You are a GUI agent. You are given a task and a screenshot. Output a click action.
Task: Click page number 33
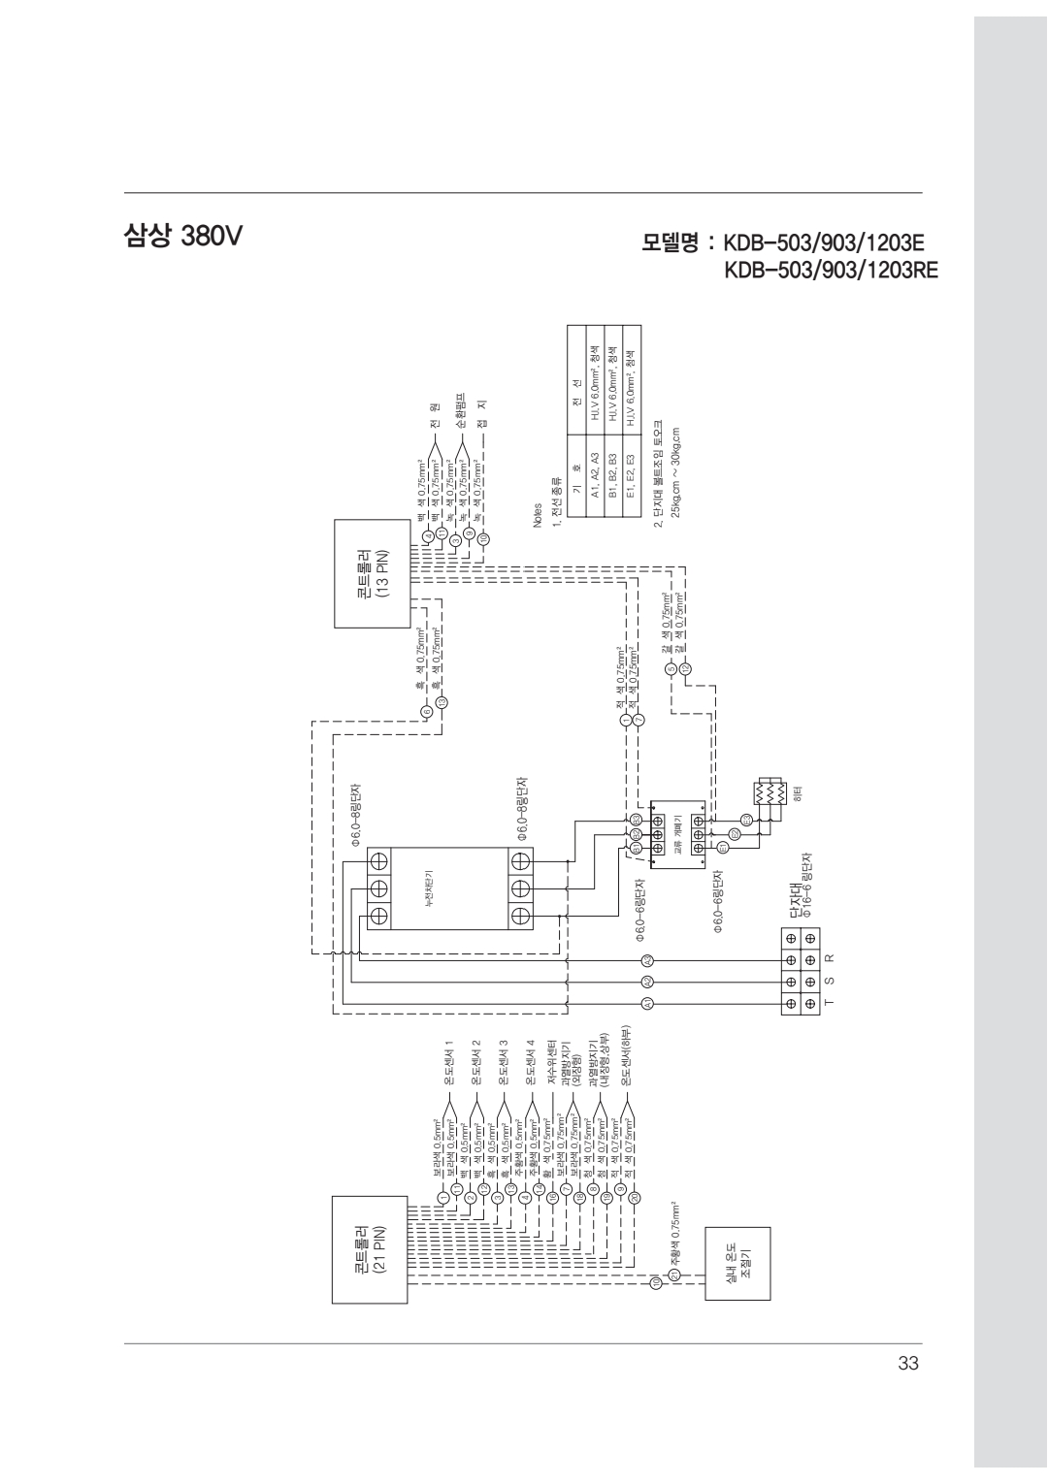(907, 1365)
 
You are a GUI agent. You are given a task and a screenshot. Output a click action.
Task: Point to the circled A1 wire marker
(647, 1003)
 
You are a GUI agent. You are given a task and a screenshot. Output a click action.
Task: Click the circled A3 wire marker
(647, 960)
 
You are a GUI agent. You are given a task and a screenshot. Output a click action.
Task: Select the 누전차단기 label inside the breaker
(442, 887)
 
